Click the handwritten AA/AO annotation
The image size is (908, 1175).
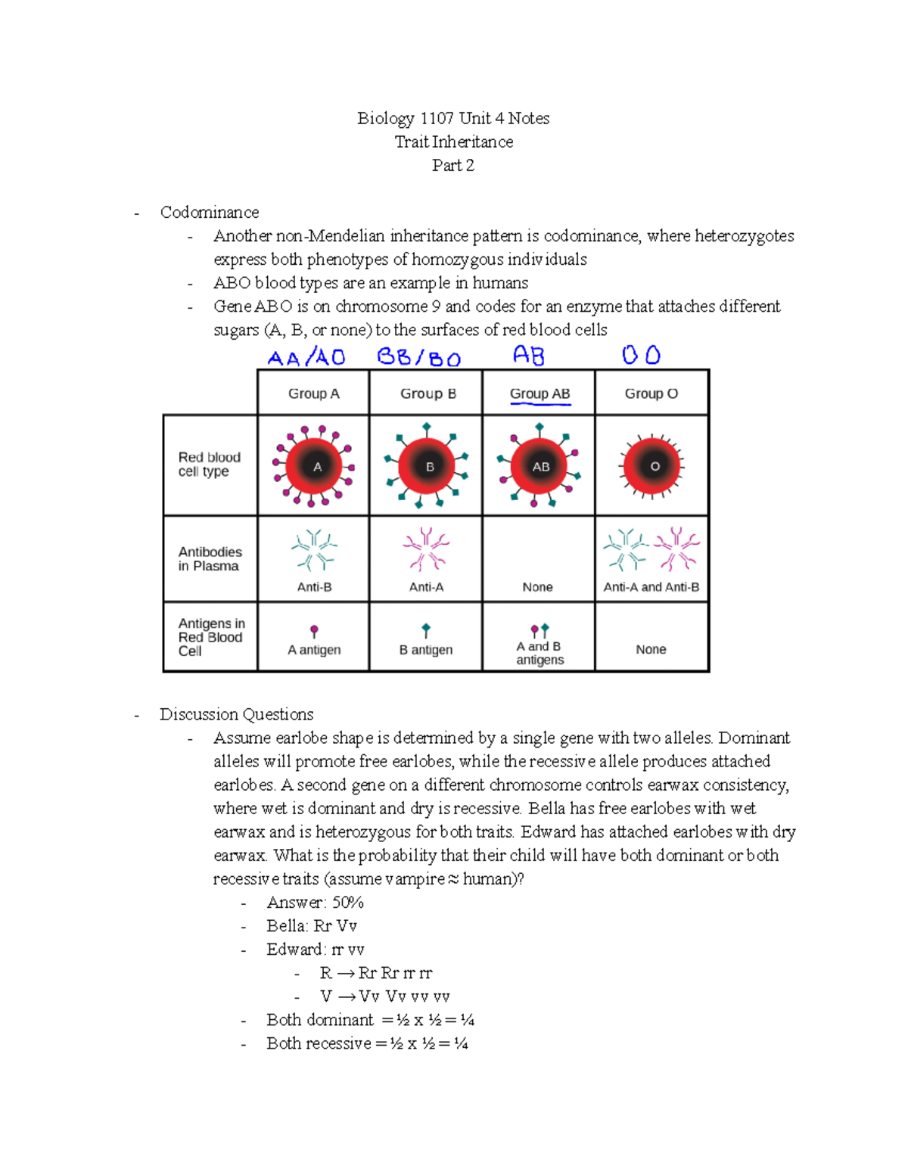click(306, 357)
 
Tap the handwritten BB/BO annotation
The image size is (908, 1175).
click(418, 357)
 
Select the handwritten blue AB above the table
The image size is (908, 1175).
click(528, 355)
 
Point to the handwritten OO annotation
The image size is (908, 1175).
click(641, 355)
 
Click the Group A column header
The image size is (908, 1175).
click(313, 393)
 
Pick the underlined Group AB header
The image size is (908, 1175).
click(540, 393)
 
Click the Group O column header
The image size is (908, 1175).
click(651, 393)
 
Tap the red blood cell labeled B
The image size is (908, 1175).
click(428, 467)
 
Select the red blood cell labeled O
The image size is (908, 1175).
click(653, 467)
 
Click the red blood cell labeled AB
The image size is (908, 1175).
click(540, 467)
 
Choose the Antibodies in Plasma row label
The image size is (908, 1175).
click(210, 558)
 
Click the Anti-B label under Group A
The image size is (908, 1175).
click(314, 587)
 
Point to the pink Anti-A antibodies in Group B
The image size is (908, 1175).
click(426, 549)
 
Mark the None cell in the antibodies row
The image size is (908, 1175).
click(537, 587)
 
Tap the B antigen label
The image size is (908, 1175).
click(426, 649)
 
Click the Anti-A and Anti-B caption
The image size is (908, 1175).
click(651, 587)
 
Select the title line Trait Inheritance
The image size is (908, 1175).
click(453, 141)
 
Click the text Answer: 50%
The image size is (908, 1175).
click(315, 902)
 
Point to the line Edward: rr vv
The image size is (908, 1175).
click(315, 949)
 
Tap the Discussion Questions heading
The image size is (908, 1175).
click(236, 714)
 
